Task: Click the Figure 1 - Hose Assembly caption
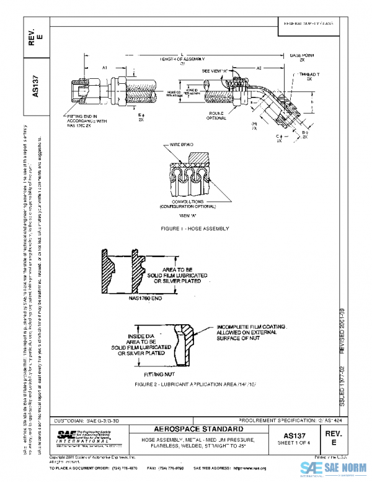195,229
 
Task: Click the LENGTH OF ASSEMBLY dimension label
182,59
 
